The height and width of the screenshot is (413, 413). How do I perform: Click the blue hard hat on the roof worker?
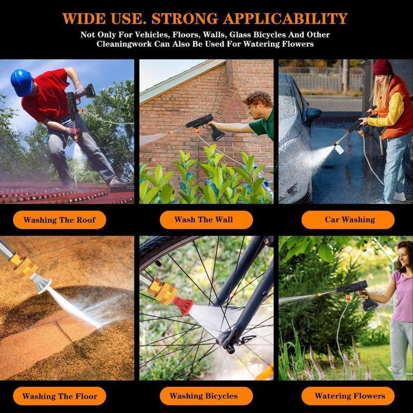coord(22,82)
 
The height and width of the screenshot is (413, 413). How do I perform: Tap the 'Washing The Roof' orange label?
coord(60,220)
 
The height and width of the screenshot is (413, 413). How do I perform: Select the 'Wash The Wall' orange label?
coord(206,219)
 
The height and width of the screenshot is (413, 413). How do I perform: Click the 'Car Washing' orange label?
coord(348,219)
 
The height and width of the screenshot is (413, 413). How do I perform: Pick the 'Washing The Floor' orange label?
coord(60,396)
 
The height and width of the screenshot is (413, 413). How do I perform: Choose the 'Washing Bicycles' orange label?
coord(206,396)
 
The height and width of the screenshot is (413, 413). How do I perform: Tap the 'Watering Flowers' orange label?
coord(348,396)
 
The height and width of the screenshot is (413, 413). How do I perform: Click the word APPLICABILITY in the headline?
coord(285,18)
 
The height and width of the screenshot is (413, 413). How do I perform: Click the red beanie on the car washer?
coord(382,67)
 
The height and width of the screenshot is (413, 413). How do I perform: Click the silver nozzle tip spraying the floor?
coord(41,283)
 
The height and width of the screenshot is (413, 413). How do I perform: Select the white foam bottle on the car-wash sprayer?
coord(339,149)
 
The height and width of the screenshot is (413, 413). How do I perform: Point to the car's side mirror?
coord(313,114)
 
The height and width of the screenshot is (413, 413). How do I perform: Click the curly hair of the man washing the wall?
coord(258,98)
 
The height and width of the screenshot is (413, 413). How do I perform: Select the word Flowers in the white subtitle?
coord(298,44)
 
